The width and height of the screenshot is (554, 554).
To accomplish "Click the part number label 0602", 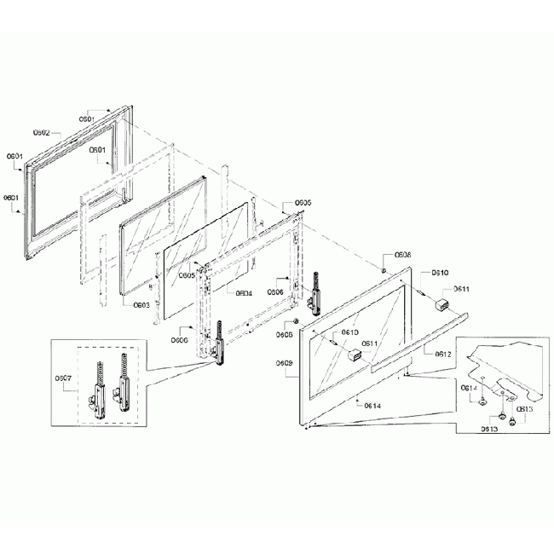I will pos(43,133).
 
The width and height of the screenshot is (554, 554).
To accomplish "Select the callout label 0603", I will pos(142,304).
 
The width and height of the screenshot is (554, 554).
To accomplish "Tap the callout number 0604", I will pos(242,292).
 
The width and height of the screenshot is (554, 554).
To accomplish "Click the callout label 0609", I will pos(285,363).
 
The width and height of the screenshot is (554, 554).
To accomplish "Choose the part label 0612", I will pos(443,353).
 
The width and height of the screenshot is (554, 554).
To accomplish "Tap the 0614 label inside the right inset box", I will pos(469,388).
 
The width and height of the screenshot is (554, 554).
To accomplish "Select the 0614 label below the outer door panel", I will pos(372,406).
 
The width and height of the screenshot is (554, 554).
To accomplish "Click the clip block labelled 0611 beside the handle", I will pos(443,306).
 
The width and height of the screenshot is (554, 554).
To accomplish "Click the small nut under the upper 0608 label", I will pos(385,271).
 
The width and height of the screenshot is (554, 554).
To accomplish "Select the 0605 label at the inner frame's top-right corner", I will pos(303,203).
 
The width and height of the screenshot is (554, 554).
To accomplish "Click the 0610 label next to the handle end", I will pos(440,273).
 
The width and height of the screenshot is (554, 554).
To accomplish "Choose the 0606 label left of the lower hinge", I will pos(179,339).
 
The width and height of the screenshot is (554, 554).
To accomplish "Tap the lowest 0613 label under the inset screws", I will pos(488,429).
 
